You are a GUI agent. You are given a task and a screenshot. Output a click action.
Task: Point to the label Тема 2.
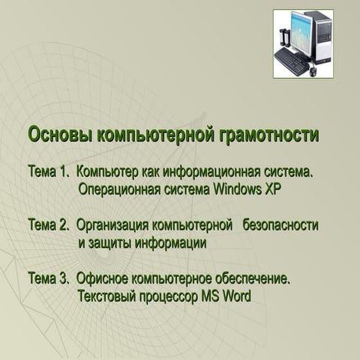(x=49, y=225)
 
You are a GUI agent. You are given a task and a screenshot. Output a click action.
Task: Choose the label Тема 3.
(x=49, y=279)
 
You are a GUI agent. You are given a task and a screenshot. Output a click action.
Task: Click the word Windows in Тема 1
(x=238, y=187)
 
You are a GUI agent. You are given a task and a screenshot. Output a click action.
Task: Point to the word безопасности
(x=280, y=225)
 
